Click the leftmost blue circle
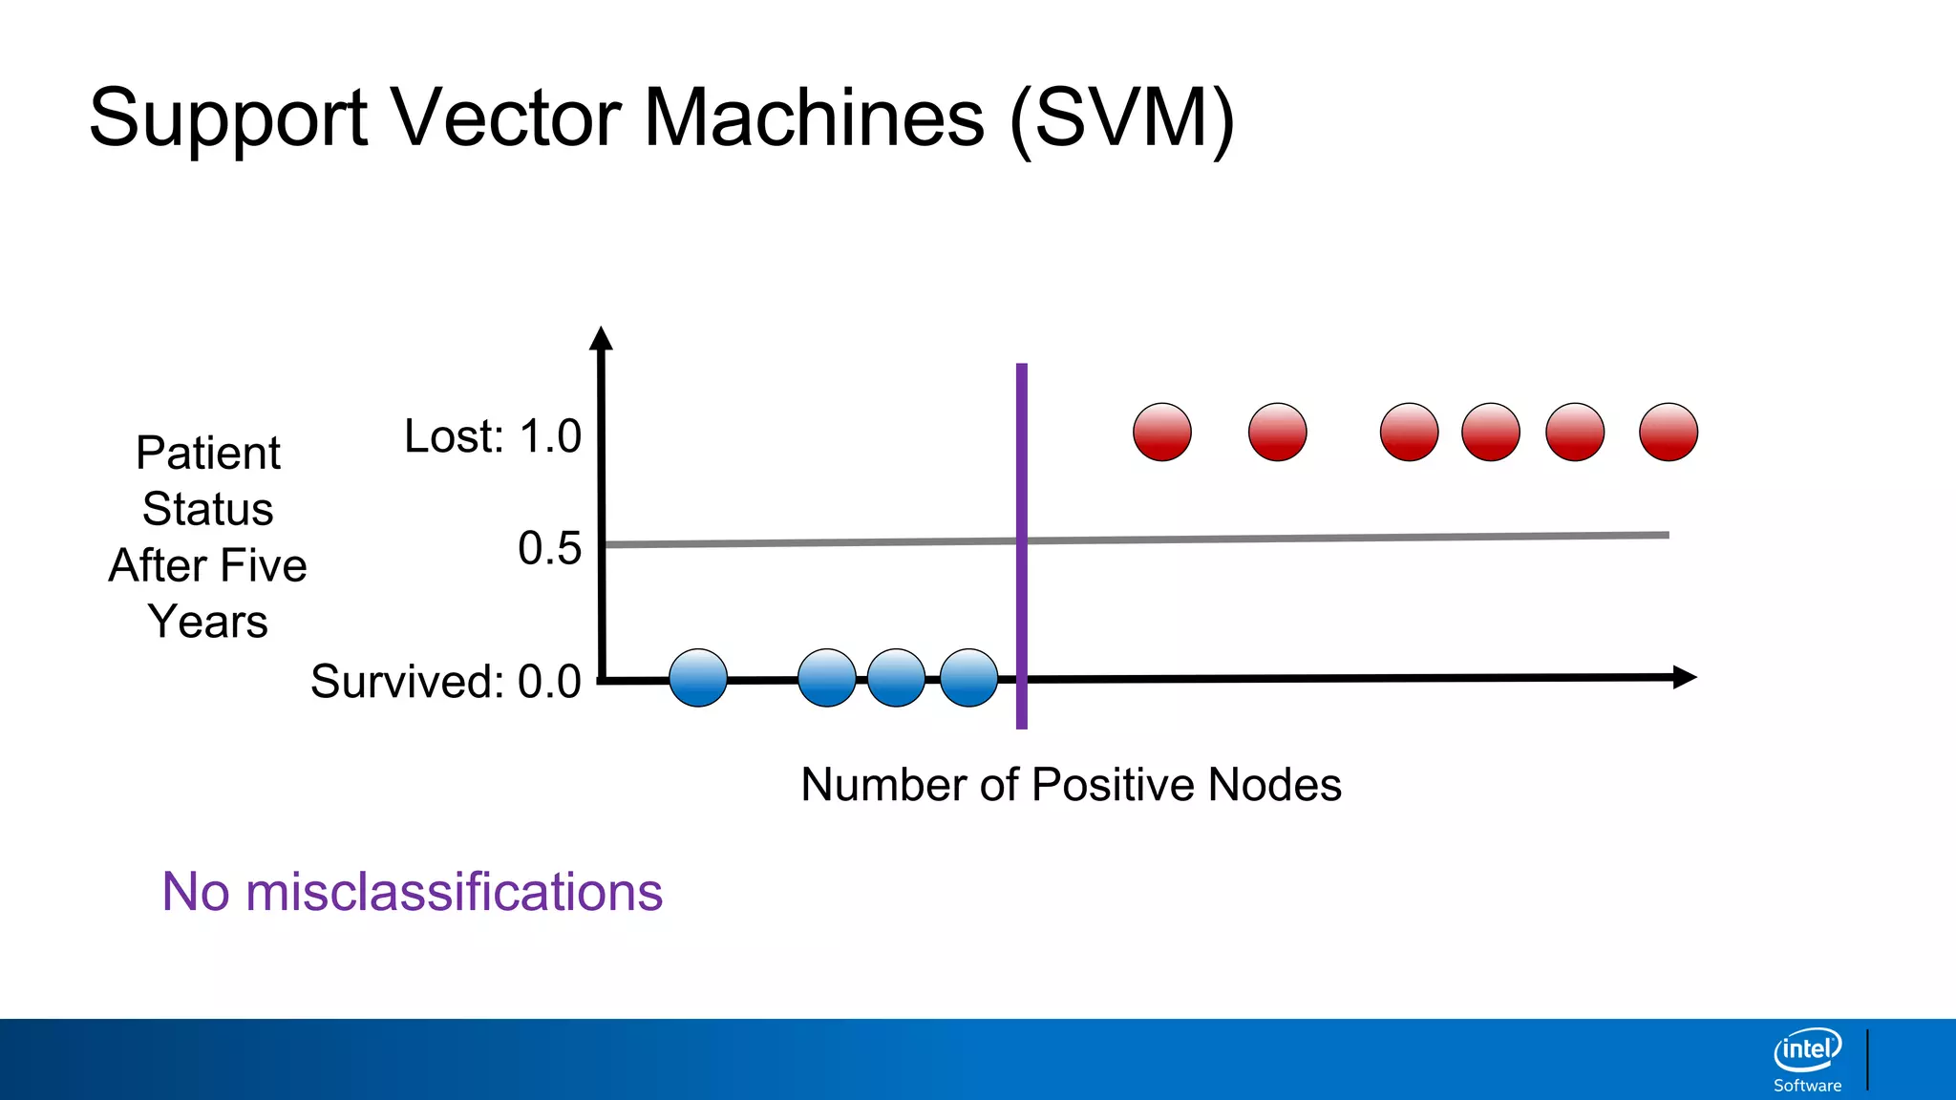[698, 678]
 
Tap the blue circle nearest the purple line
[968, 678]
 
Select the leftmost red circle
[1162, 432]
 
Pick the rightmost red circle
[1669, 432]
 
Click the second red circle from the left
[1278, 432]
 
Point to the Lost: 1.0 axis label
[493, 436]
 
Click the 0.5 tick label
[549, 548]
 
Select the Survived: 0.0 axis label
[446, 682]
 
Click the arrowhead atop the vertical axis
[601, 338]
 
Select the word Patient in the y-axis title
[208, 453]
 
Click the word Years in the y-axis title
[208, 622]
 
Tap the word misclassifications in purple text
[454, 892]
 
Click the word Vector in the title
[506, 117]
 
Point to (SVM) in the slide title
[1122, 119]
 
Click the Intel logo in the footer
[1807, 1049]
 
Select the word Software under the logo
[1807, 1086]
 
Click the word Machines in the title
[814, 117]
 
